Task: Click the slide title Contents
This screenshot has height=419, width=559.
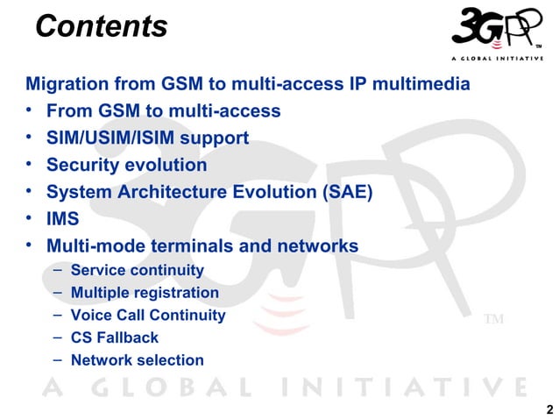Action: tap(101, 27)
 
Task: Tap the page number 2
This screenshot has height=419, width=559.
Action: tap(549, 409)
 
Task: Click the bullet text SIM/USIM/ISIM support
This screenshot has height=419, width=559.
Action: tap(147, 138)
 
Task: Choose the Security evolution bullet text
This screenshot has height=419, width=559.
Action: tap(126, 165)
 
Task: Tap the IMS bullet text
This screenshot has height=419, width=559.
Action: tap(63, 218)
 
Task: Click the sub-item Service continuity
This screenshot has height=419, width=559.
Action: tap(137, 270)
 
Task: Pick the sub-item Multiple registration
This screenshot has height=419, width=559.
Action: tap(145, 293)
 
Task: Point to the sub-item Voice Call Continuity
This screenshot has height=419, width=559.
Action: tap(148, 315)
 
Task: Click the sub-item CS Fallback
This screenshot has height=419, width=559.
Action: tap(115, 337)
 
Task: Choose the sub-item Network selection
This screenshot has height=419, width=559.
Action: tap(137, 359)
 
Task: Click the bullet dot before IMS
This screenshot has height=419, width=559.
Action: tap(30, 217)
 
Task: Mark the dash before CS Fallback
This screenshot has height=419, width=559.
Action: tap(57, 337)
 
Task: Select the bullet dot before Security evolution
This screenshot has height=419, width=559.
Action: tap(30, 164)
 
